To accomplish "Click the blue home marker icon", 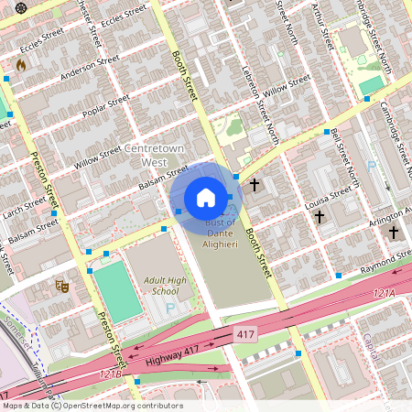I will click(x=206, y=198).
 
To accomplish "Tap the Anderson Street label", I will click(x=90, y=70).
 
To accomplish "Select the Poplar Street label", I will click(x=106, y=107).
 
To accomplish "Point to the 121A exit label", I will click(x=384, y=292).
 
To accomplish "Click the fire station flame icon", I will click(x=21, y=65).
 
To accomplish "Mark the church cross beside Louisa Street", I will click(x=320, y=217).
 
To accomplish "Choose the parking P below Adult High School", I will click(x=170, y=309).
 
